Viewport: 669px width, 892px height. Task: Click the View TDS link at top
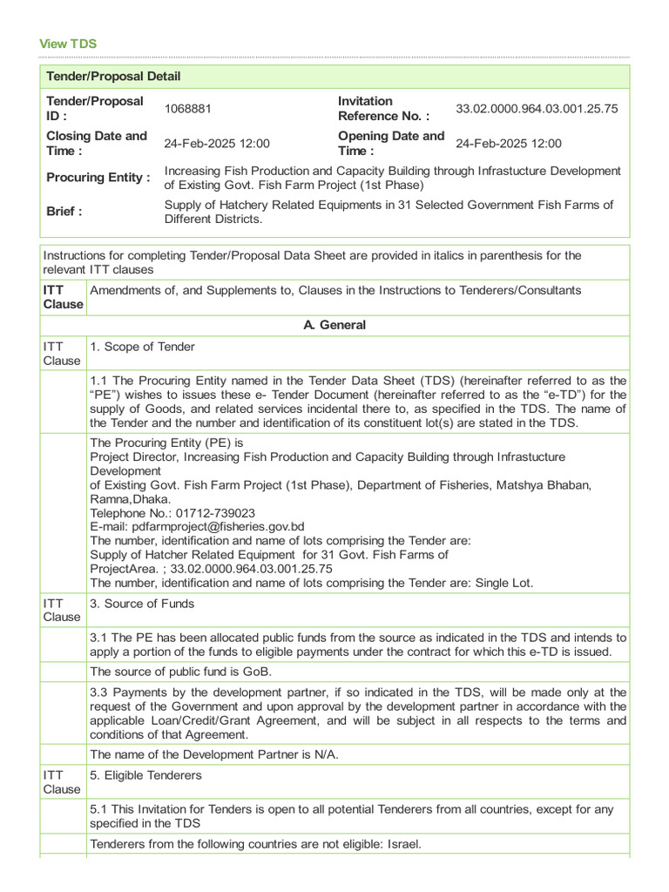pos(68,44)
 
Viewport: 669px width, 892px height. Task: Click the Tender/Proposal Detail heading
pos(113,77)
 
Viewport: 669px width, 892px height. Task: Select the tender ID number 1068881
pos(188,109)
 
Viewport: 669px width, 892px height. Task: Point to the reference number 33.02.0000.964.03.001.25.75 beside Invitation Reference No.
pos(537,109)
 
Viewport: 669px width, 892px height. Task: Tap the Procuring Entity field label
pos(98,177)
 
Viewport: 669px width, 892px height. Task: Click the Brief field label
pos(64,211)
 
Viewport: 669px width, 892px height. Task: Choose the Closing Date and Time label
pos(97,143)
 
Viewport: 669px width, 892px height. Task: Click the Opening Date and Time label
pos(391,143)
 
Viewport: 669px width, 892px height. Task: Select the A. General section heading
pos(334,325)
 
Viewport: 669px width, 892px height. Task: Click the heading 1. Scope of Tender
pos(142,347)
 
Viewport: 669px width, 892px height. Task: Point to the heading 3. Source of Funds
pos(142,604)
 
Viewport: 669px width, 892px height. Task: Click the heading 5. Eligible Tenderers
pos(145,775)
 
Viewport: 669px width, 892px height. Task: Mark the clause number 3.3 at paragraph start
pos(99,693)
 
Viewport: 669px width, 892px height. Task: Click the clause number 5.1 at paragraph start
pos(99,809)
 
